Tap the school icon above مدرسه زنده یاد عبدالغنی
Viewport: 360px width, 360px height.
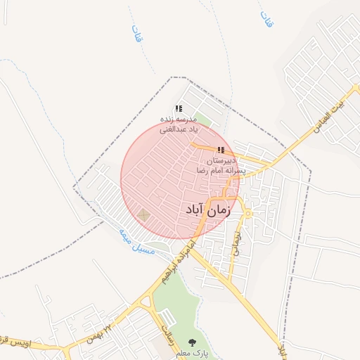click(179, 108)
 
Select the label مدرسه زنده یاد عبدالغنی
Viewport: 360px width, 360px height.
click(179, 124)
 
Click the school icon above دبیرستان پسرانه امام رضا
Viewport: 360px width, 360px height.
click(221, 150)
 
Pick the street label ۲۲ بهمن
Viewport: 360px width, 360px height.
click(99, 331)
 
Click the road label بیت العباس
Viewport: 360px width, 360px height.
click(330, 120)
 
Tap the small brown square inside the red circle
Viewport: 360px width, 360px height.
click(143, 215)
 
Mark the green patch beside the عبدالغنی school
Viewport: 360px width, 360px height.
click(202, 119)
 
